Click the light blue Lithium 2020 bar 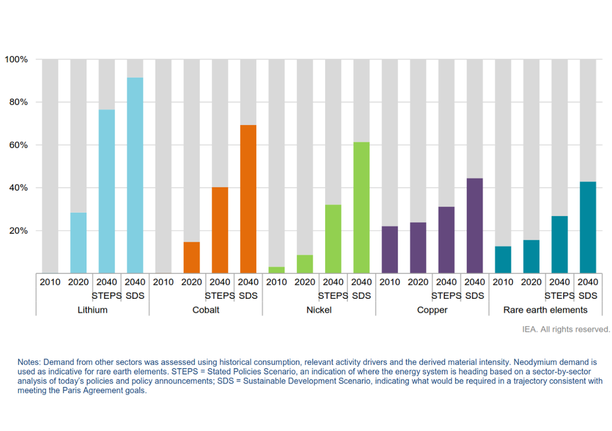pyautogui.click(x=78, y=243)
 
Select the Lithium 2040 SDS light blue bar pyautogui.click(x=135, y=175)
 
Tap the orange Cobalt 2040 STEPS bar pyautogui.click(x=220, y=230)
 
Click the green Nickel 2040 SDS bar pyautogui.click(x=361, y=207)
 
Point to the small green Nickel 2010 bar pyautogui.click(x=276, y=270)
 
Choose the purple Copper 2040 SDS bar pyautogui.click(x=474, y=226)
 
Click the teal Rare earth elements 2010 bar pyautogui.click(x=503, y=260)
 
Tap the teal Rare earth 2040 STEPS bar pyautogui.click(x=559, y=245)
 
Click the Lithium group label pyautogui.click(x=93, y=310)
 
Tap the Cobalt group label pyautogui.click(x=206, y=310)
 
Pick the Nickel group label pyautogui.click(x=319, y=310)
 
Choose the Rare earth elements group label pyautogui.click(x=545, y=310)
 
